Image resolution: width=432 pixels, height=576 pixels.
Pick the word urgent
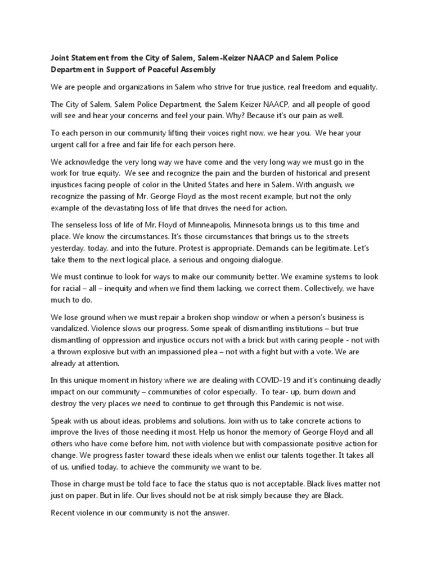(x=62, y=145)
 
